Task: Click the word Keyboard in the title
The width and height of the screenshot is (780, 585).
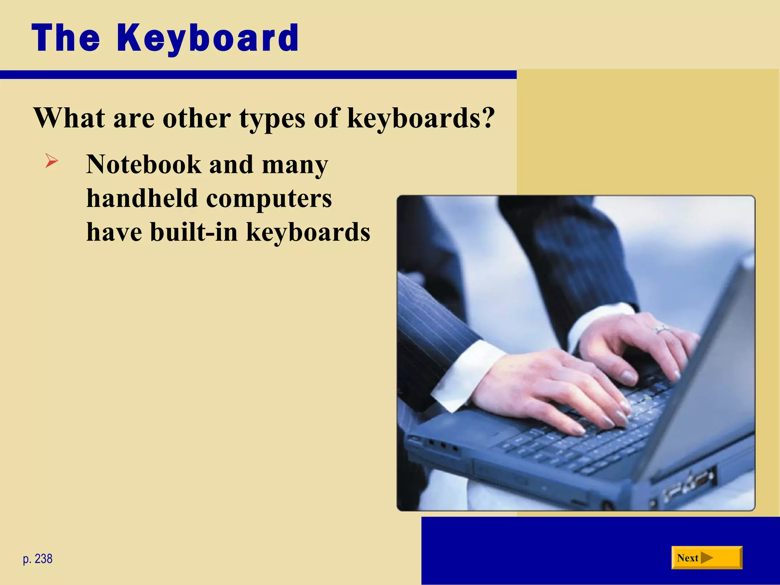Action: [x=208, y=38]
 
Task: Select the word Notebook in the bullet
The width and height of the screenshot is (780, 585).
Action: [x=144, y=165]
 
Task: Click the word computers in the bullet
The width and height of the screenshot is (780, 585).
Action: [x=269, y=199]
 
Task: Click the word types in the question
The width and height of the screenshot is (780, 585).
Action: [x=272, y=119]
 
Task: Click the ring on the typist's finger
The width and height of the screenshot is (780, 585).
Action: [x=661, y=330]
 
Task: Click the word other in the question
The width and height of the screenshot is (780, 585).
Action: [x=197, y=118]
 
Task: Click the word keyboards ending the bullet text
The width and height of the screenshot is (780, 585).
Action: [x=308, y=232]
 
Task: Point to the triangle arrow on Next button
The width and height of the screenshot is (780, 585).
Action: [x=707, y=558]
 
